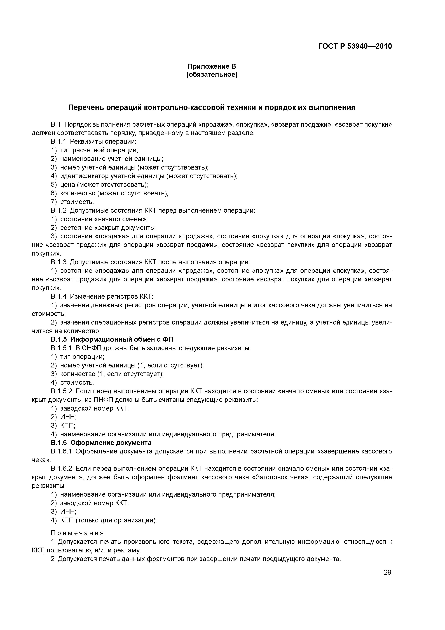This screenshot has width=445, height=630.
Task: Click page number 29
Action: (x=387, y=572)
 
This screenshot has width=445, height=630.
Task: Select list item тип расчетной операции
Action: (x=99, y=150)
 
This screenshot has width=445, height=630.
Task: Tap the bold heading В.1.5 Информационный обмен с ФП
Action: (x=112, y=339)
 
